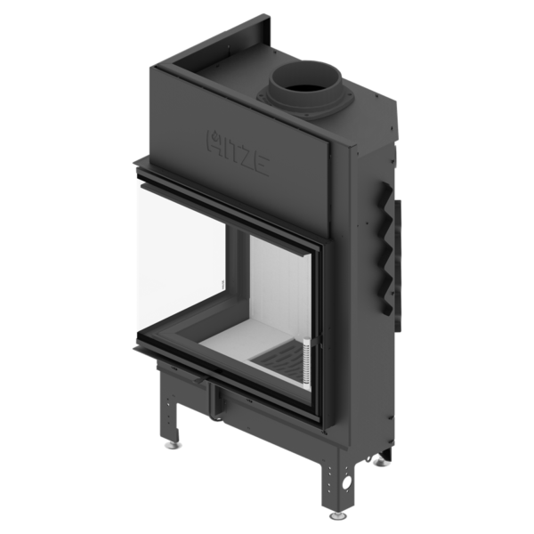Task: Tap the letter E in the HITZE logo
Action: click(262, 166)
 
